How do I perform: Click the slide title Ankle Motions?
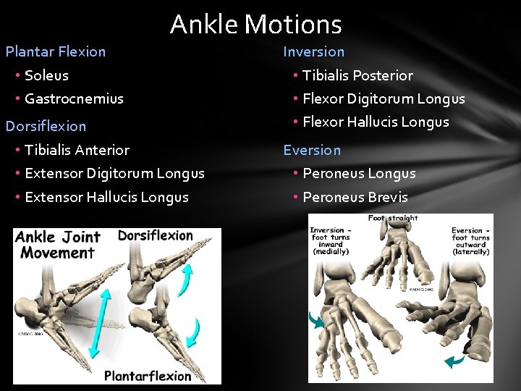(x=255, y=25)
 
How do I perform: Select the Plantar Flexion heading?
(x=56, y=51)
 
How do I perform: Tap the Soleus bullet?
(x=46, y=75)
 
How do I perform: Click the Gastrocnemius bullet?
(x=74, y=98)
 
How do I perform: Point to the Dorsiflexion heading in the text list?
(x=46, y=126)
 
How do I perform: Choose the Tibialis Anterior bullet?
(x=77, y=150)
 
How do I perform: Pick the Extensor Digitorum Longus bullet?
(x=114, y=174)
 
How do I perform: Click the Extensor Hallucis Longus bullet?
(x=106, y=197)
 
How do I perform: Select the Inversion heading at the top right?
(x=313, y=51)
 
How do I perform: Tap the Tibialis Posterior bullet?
(x=357, y=75)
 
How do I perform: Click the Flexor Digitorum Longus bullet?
(x=384, y=98)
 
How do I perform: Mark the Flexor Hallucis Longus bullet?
(x=376, y=122)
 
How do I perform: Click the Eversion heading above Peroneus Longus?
(x=312, y=150)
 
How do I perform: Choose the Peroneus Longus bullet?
(x=359, y=174)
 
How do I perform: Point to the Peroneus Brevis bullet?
(x=355, y=197)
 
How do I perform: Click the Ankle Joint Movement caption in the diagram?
(x=58, y=245)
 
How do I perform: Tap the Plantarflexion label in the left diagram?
(x=148, y=375)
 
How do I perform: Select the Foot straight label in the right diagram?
(x=393, y=218)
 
